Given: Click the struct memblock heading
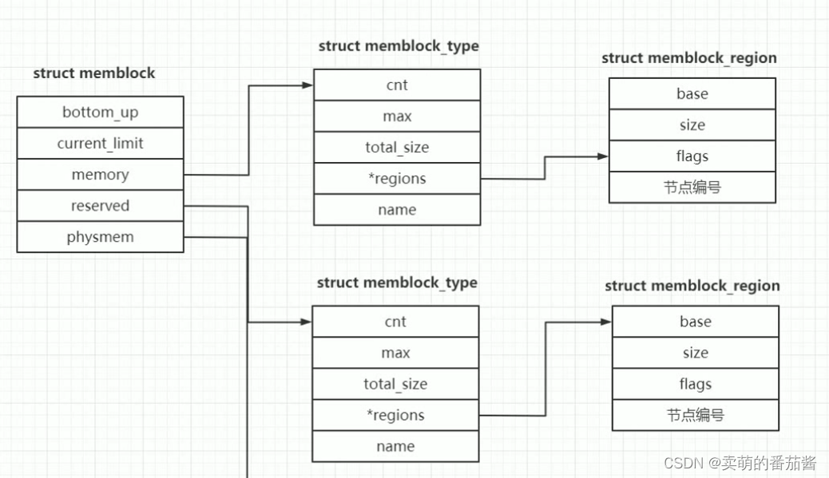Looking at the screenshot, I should point(94,73).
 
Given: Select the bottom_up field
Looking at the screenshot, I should point(100,113).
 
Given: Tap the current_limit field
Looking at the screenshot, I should point(100,144).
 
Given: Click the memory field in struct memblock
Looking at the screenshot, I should point(100,175).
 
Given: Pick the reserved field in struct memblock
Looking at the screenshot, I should point(100,206).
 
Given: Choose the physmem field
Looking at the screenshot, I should point(100,237).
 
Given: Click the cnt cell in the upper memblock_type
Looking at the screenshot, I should point(397,85).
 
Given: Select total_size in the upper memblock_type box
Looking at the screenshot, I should point(397,148).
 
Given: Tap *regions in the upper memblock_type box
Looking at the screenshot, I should point(397,179).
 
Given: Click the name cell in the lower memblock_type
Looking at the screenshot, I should point(395,446).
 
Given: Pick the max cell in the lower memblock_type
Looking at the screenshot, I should point(395,353).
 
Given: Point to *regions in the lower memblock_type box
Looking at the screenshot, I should point(395,415).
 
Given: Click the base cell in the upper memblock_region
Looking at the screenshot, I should point(692,93).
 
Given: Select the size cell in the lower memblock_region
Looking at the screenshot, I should point(696,353).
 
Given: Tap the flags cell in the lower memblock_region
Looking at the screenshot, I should point(696,384).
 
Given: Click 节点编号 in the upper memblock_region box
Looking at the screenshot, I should point(692,188).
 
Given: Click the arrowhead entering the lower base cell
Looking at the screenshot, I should point(606,322).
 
